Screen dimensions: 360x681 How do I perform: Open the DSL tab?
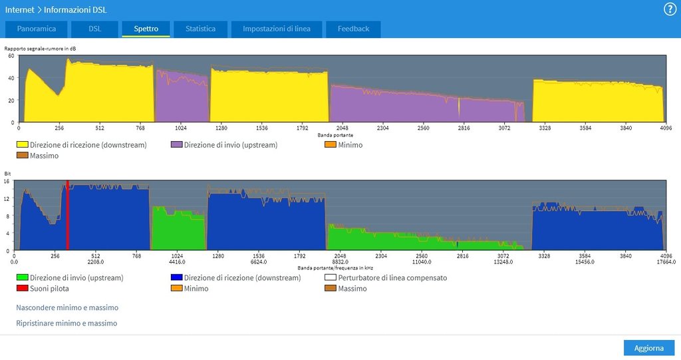coord(94,29)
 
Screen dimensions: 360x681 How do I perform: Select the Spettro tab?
coord(146,29)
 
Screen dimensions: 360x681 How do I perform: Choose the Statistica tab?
coord(200,29)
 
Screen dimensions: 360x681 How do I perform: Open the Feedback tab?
coord(353,29)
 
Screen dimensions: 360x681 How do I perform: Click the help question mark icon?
coord(670,9)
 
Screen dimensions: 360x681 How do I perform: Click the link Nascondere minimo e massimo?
coord(67,308)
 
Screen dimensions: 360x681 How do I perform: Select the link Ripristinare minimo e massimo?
coord(67,323)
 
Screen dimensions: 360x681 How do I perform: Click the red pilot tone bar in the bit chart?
coord(68,214)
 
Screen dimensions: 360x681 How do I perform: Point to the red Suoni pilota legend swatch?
coord(22,289)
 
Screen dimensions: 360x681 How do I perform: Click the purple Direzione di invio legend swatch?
coord(176,144)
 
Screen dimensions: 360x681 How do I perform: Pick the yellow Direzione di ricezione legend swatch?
coord(22,144)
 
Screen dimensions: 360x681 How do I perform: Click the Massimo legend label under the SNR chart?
coord(45,156)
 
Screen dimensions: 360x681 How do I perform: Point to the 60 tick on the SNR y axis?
coord(11,56)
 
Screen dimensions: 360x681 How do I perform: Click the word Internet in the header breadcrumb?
coord(19,10)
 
